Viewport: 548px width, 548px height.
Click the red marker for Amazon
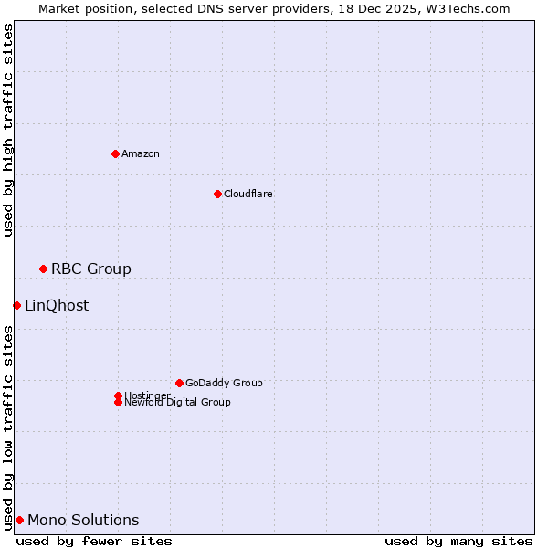[115, 153]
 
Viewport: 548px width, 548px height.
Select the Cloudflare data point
[217, 194]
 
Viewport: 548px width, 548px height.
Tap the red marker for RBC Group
[43, 269]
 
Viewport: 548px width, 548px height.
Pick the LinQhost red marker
[16, 305]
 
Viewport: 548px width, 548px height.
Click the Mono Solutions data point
[19, 520]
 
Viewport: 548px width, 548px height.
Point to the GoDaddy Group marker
[179, 383]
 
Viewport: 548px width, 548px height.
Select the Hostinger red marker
[118, 395]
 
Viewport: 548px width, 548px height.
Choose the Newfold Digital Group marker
[118, 402]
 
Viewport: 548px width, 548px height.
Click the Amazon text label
[141, 153]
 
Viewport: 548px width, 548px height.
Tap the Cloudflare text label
[248, 194]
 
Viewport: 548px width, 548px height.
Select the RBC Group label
[91, 269]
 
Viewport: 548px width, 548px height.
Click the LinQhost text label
[57, 305]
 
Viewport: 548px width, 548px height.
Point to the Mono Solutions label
[83, 520]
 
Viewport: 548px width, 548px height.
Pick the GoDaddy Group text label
[224, 383]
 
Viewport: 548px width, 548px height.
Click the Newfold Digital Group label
[178, 403]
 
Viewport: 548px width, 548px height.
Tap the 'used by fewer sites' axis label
[94, 541]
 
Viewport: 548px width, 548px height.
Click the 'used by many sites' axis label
[458, 541]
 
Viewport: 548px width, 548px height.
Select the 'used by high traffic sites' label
[8, 130]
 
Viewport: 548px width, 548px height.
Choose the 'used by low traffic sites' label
[8, 427]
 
